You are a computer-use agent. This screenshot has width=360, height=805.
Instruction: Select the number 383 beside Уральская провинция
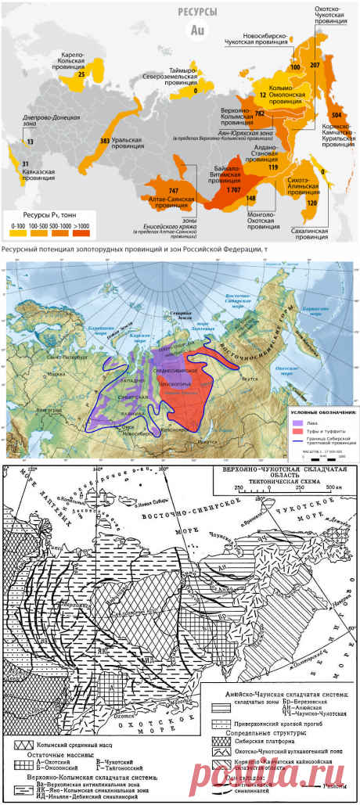[x=105, y=141]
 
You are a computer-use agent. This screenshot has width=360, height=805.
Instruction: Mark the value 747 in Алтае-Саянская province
[x=175, y=190]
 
